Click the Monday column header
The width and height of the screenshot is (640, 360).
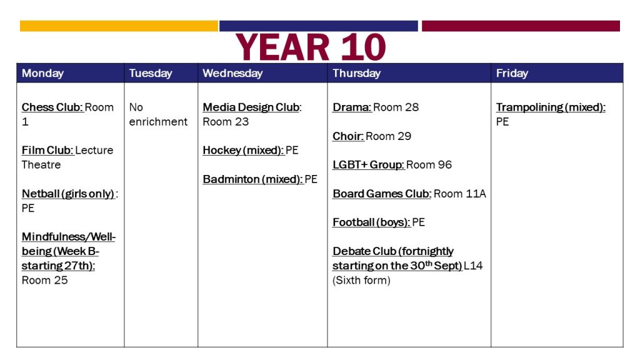pyautogui.click(x=43, y=73)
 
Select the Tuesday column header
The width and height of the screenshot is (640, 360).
pyautogui.click(x=151, y=73)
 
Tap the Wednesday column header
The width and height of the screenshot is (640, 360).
pyautogui.click(x=232, y=73)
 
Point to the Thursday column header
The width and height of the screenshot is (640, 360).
pyautogui.click(x=356, y=73)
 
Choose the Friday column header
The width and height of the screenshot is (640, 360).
pyautogui.click(x=512, y=73)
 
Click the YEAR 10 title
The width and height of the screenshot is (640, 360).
pyautogui.click(x=311, y=47)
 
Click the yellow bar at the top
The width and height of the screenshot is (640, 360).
pyautogui.click(x=119, y=26)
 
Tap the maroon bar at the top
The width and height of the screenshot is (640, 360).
pyautogui.click(x=521, y=26)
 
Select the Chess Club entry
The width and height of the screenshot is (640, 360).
pyautogui.click(x=67, y=114)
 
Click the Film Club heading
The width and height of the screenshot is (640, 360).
pyautogui.click(x=47, y=150)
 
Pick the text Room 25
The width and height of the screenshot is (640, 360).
pyautogui.click(x=44, y=280)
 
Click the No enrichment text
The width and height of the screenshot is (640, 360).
pyautogui.click(x=158, y=114)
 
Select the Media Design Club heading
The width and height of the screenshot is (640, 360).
pyautogui.click(x=252, y=107)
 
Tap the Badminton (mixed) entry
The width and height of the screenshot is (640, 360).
pyautogui.click(x=260, y=179)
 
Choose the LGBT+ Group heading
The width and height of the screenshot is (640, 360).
pyautogui.click(x=368, y=164)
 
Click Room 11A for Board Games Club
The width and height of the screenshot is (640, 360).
pyautogui.click(x=459, y=194)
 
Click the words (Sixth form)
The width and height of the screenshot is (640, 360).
pyautogui.click(x=361, y=281)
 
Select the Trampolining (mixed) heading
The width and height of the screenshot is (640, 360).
pyautogui.click(x=551, y=107)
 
